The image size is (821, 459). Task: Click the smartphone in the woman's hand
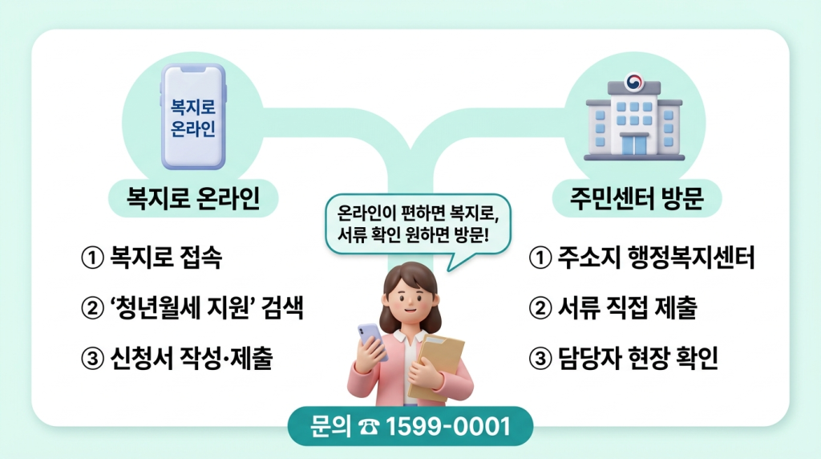pyautogui.click(x=370, y=341)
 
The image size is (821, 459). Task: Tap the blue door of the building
pyautogui.click(x=634, y=144)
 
